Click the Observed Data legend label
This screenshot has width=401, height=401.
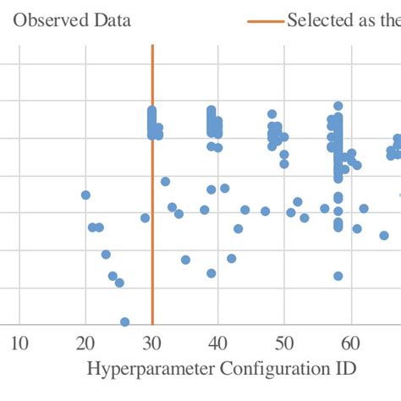coord(71,19)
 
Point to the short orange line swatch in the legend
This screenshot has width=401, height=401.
coord(265,20)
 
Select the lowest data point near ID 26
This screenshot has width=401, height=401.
coord(125,322)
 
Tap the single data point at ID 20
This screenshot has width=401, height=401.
coord(85,195)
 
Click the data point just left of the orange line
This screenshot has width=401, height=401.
coord(145,218)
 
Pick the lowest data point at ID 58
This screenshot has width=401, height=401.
coord(338,276)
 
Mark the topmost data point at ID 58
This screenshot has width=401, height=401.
coord(338,107)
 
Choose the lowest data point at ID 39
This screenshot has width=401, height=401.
coord(211,273)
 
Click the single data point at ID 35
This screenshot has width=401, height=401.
coord(185,260)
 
